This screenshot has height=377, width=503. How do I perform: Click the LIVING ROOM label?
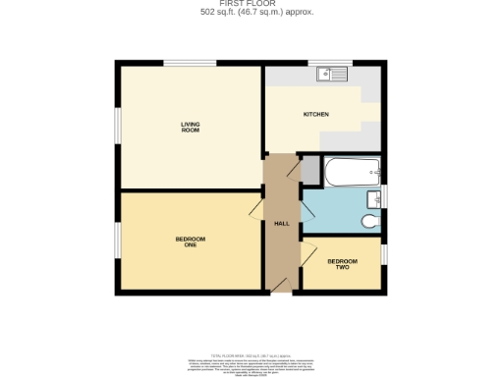point(190,126)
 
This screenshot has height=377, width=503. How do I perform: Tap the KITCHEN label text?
point(315,115)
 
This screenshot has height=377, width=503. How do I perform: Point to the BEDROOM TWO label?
point(342,264)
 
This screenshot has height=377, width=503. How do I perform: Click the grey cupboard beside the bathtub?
point(310,171)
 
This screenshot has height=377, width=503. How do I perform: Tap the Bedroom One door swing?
point(255,208)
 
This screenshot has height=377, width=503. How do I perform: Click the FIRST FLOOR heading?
point(251,4)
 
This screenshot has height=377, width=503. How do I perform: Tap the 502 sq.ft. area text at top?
point(251,12)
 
